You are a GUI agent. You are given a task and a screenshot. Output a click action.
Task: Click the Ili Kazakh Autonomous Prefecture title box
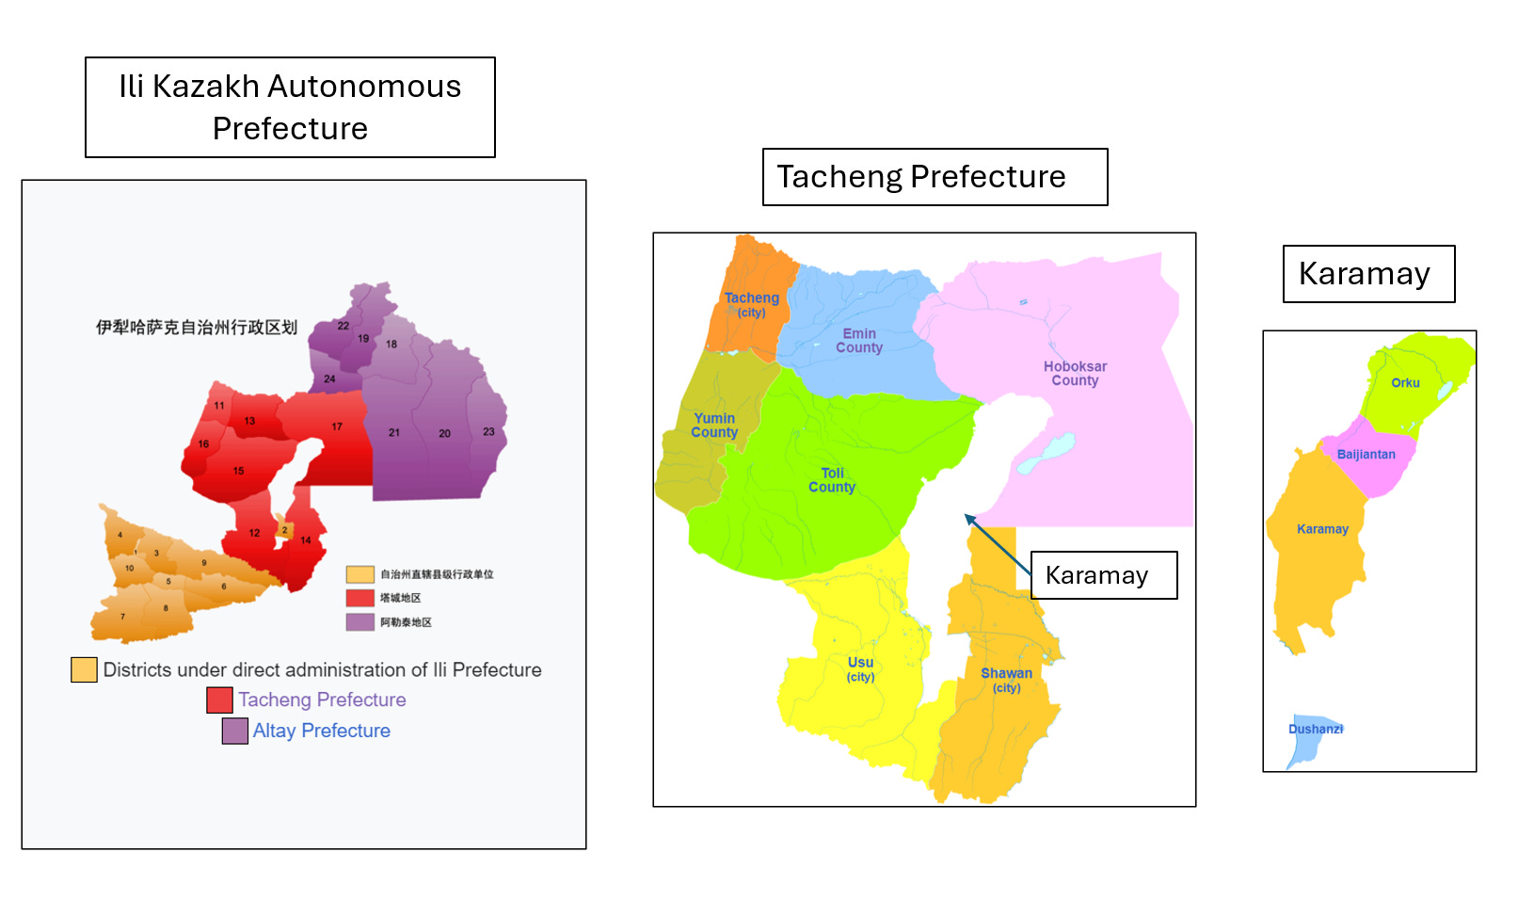290,107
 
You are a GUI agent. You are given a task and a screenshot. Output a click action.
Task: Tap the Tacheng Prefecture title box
934,177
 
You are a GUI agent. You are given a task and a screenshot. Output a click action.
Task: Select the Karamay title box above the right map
1367,274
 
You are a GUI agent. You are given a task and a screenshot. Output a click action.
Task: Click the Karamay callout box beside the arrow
1103,575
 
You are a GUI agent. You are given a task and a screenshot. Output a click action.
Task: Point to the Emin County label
859,341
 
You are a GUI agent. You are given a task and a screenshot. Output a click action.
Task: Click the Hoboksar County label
1075,374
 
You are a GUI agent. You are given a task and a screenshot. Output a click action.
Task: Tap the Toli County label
832,480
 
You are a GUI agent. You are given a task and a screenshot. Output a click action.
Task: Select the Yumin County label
714,426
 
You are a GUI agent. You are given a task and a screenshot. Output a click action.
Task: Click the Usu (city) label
860,668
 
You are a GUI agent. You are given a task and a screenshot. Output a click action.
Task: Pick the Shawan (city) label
1006,680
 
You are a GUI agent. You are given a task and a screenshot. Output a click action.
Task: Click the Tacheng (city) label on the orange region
751,304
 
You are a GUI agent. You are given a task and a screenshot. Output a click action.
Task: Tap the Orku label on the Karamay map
1405,383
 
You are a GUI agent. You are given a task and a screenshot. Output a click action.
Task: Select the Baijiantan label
1366,455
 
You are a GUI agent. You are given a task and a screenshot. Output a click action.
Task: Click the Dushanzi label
1315,729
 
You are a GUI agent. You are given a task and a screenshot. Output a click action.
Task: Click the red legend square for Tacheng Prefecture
219,700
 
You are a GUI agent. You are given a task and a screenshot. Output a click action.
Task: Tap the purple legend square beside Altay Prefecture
234,731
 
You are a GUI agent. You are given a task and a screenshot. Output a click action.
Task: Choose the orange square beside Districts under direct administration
84,669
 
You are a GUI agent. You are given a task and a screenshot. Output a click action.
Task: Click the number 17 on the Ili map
337,426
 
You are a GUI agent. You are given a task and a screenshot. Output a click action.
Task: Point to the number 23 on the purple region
488,432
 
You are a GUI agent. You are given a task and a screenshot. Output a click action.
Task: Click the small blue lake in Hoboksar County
1047,454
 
